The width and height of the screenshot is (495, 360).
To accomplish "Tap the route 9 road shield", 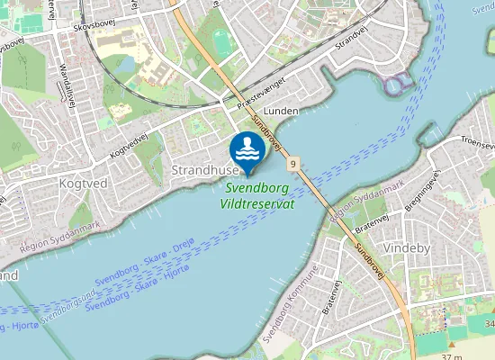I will pyautogui.click(x=293, y=165).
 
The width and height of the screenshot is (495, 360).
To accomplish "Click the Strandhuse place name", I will pyautogui.click(x=205, y=169).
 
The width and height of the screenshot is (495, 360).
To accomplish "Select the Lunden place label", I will pyautogui.click(x=282, y=110).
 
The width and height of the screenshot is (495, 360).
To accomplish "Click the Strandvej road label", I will pyautogui.click(x=351, y=38).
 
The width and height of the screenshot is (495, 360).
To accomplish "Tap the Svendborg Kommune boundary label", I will pyautogui.click(x=287, y=303).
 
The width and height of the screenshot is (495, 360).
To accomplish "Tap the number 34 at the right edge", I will pyautogui.click(x=489, y=323).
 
